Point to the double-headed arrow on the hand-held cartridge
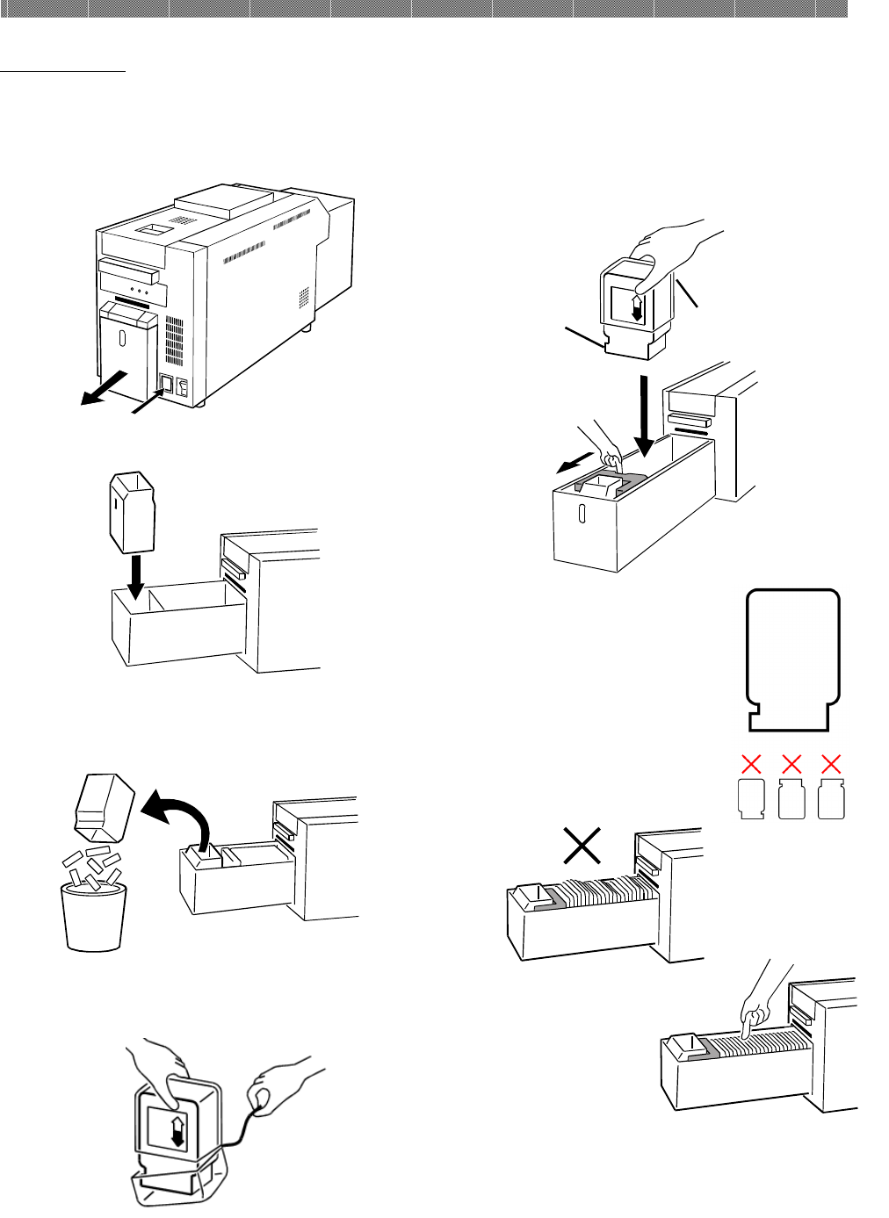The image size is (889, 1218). [637, 308]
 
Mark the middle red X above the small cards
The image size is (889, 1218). [791, 763]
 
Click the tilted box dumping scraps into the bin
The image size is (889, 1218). [103, 805]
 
